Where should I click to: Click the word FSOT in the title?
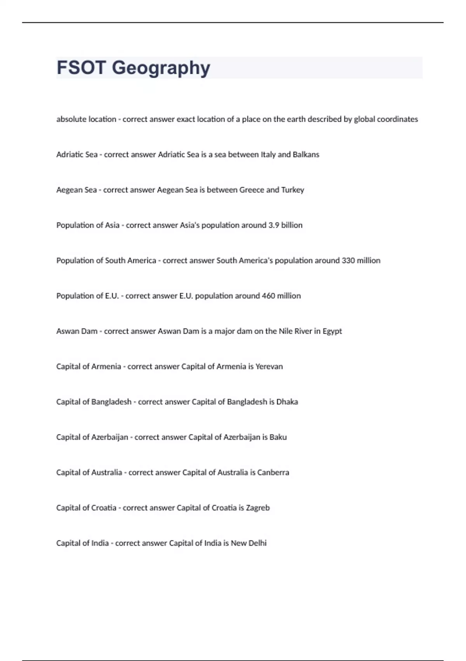click(81, 68)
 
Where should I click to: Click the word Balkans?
click(306, 155)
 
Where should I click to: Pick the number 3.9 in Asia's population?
click(274, 225)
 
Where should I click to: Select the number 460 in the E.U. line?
click(268, 296)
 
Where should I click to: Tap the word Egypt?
click(332, 331)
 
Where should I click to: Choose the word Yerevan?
click(269, 367)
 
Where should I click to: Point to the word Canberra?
click(273, 472)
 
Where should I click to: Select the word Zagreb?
click(258, 508)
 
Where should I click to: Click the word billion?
click(292, 225)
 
